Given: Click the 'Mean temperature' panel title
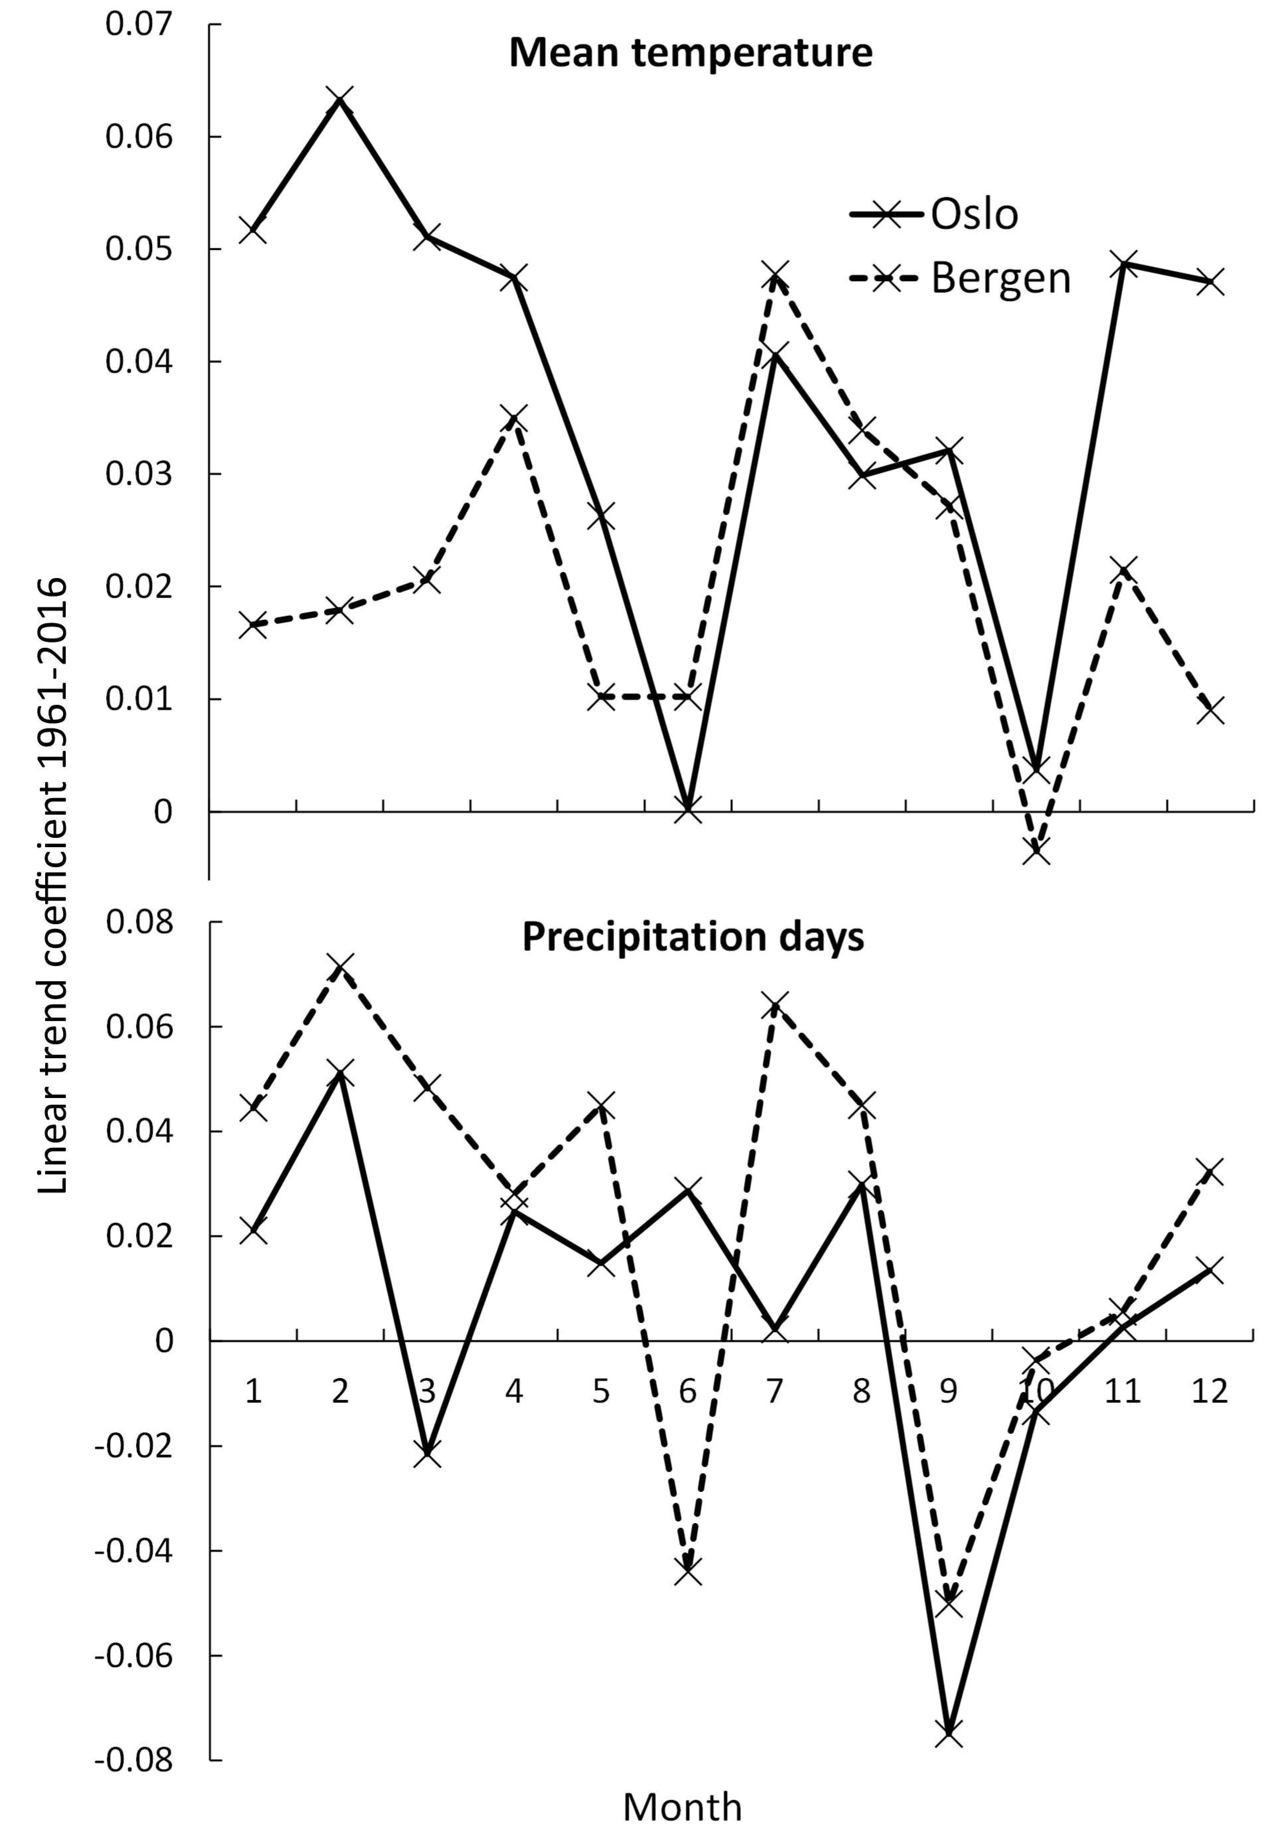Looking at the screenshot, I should tap(690, 53).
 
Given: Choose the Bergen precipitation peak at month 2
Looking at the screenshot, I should tap(340, 966).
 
